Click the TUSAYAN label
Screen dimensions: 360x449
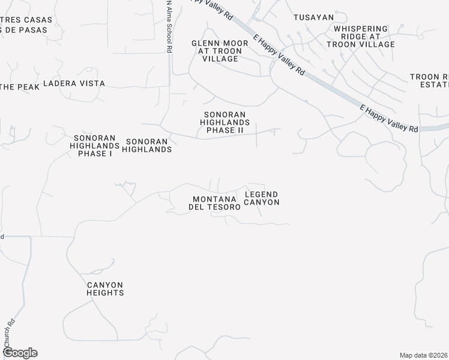313,17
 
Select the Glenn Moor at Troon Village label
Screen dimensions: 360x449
217,51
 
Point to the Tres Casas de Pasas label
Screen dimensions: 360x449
26,24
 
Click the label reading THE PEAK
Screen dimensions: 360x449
20,87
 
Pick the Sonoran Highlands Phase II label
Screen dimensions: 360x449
225,122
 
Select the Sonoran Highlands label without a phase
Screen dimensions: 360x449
147,145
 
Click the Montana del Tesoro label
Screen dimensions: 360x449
216,203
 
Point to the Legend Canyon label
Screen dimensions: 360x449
262,198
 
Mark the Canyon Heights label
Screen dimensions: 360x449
105,289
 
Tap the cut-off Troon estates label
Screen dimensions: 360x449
429,80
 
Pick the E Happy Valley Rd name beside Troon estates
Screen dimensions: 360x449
388,118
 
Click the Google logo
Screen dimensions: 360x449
19,353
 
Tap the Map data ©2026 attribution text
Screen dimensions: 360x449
424,355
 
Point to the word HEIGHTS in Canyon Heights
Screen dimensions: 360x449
105,293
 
